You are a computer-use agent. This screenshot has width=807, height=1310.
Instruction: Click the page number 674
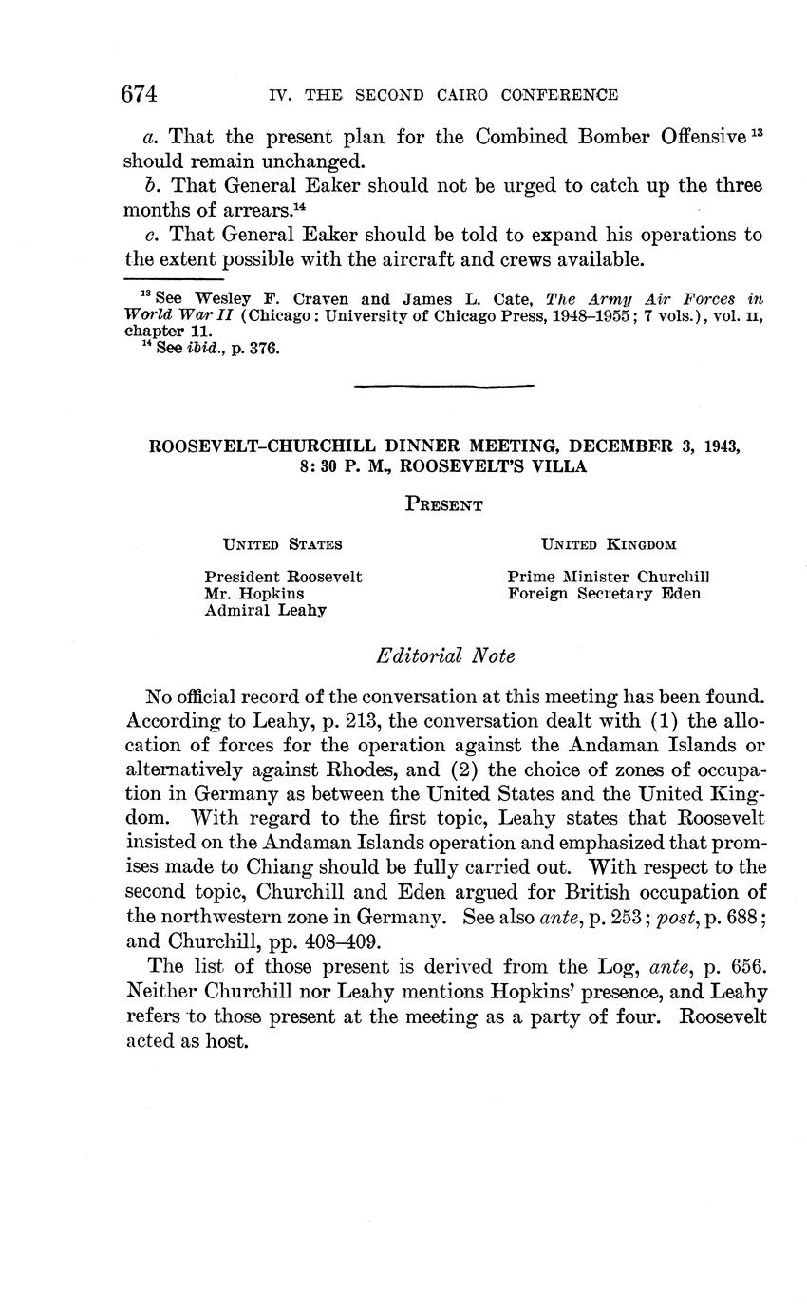coord(139,94)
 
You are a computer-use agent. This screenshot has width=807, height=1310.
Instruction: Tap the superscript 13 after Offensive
coord(756,130)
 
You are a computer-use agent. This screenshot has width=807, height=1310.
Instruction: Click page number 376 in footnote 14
coord(265,349)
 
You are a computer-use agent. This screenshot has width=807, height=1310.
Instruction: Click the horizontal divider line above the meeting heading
coord(443,385)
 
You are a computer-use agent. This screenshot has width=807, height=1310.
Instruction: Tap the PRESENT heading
coord(443,505)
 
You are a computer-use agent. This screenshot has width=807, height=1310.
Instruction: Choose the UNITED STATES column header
coord(282,545)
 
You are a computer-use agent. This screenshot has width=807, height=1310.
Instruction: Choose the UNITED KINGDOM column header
coord(609,545)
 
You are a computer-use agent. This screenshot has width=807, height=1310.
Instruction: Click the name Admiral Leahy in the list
coord(265,611)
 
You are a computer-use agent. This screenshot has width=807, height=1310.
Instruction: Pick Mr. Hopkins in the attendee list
coord(254,594)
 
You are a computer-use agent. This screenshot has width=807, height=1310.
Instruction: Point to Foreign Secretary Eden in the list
coord(604,594)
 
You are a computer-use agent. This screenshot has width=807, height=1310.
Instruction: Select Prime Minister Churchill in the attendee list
coord(609,577)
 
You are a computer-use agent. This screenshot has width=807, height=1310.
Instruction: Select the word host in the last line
coord(227,1040)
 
